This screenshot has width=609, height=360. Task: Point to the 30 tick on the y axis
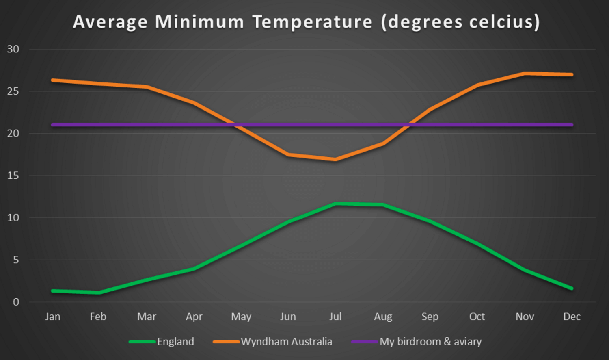[13, 49]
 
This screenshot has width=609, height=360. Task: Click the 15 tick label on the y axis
[13, 176]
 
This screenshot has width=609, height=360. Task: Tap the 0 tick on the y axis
[16, 302]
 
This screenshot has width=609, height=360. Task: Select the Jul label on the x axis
[335, 317]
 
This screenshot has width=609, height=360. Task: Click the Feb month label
[98, 317]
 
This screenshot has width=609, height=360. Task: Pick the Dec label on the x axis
[572, 317]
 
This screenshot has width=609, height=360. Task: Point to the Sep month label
[430, 317]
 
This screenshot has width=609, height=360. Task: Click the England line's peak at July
[336, 204]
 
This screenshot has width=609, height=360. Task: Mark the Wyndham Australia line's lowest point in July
[335, 159]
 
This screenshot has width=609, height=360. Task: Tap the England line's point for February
[99, 293]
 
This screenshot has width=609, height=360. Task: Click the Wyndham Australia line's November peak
[525, 74]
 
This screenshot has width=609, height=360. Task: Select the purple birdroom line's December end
[572, 125]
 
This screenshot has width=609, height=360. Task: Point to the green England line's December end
[572, 288]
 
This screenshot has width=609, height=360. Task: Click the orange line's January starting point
[53, 80]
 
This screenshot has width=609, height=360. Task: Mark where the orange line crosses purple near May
[237, 125]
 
